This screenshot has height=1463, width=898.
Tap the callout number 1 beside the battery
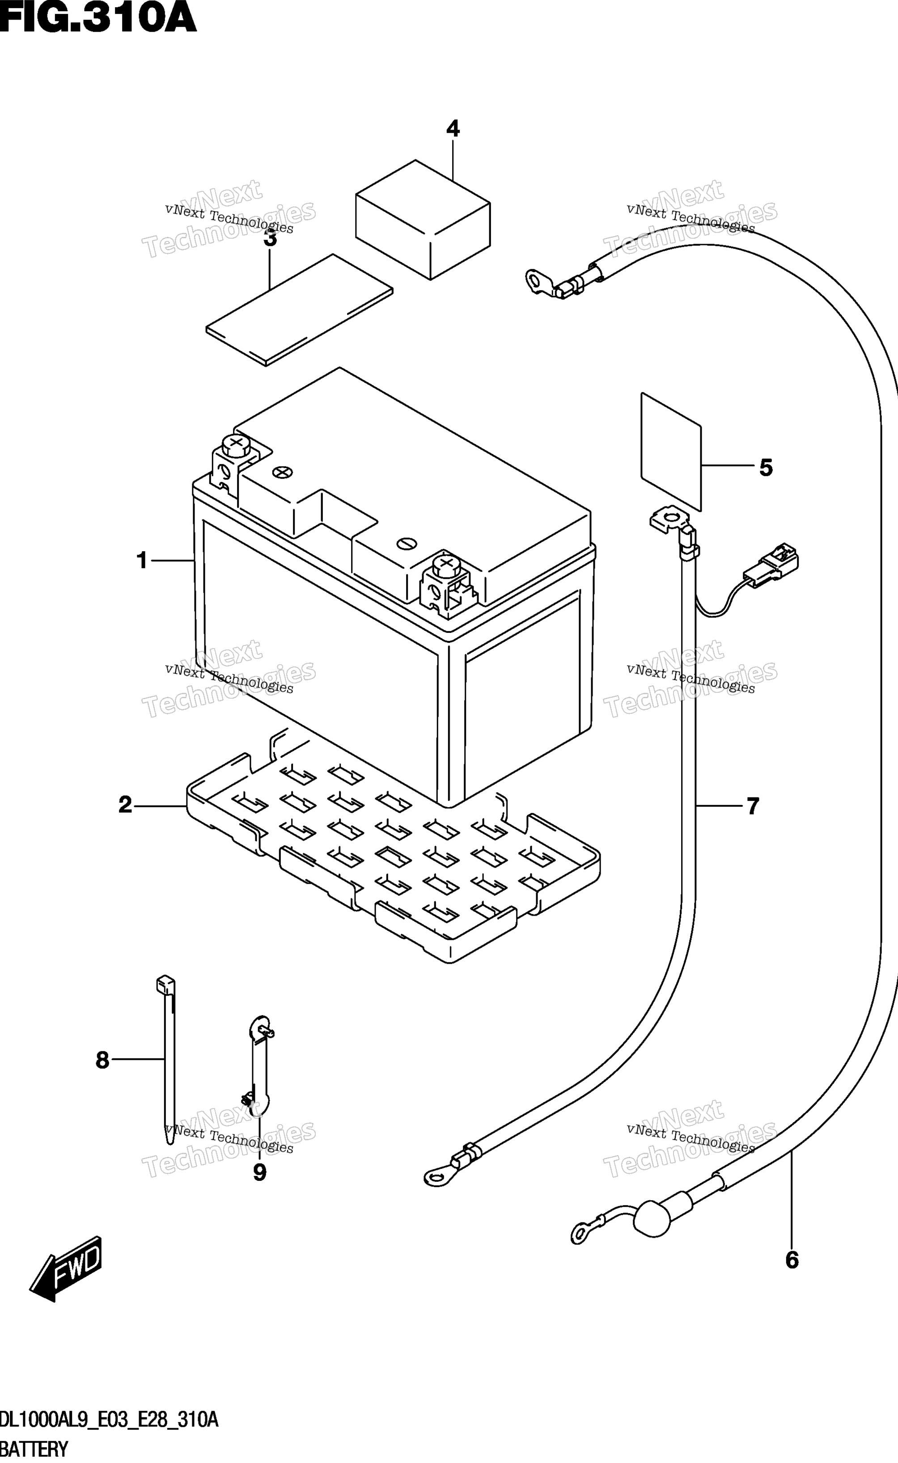[142, 560]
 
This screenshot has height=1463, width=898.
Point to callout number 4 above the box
[453, 128]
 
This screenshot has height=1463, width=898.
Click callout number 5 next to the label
[766, 468]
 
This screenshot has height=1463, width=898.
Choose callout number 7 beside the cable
[753, 806]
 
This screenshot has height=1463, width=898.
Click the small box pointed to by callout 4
[423, 219]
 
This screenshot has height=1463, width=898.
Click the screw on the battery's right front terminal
[447, 564]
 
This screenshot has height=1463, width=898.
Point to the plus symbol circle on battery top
[283, 472]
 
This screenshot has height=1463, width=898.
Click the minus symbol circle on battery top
[407, 543]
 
